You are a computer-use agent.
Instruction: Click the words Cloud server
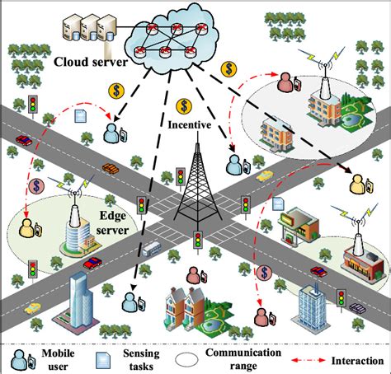(91, 62)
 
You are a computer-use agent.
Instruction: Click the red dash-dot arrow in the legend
(305, 359)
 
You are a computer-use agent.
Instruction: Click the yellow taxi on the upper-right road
(264, 175)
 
